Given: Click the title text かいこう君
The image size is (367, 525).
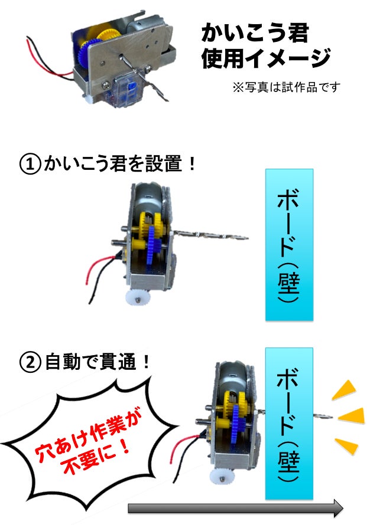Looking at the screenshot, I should click(255, 33).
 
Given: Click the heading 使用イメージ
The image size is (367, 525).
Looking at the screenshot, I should click(265, 58).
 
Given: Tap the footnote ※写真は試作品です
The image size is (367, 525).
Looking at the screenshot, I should click(286, 87).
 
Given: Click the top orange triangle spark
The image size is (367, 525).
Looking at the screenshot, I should click(344, 389).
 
